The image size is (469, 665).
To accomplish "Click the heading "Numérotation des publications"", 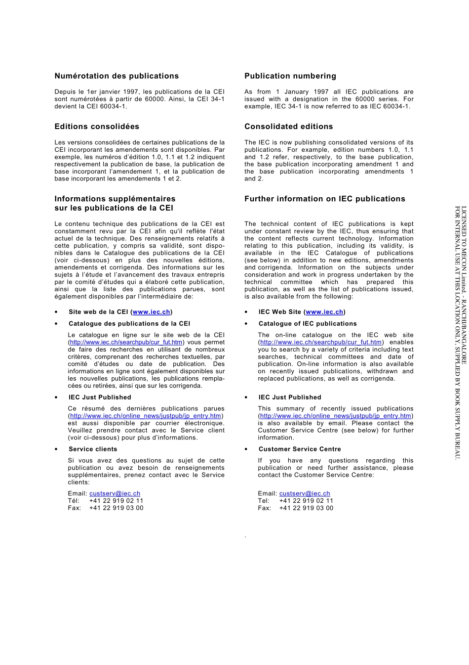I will (x=117, y=76).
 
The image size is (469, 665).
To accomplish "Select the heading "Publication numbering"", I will (x=290, y=76).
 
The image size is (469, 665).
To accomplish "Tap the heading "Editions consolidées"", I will (x=97, y=127).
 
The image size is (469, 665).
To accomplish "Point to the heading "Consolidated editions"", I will (x=289, y=127).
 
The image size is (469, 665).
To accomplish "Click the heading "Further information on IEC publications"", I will (x=325, y=199).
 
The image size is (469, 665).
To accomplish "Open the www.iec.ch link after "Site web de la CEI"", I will (x=152, y=312).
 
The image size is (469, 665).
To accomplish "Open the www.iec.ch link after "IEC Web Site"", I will (x=324, y=312).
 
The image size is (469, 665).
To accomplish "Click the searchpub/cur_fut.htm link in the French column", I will (x=126, y=342).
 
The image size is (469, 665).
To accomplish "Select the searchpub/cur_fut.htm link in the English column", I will (x=321, y=342).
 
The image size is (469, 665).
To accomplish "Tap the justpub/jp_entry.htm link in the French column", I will (x=146, y=416).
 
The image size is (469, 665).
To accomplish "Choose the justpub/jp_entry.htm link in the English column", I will (x=336, y=416).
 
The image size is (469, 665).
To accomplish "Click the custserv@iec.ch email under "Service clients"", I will (x=115, y=493).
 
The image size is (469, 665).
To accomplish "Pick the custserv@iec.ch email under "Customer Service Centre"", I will (x=305, y=493).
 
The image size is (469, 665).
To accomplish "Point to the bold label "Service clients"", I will (x=93, y=449).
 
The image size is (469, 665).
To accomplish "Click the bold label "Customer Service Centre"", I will (x=300, y=449).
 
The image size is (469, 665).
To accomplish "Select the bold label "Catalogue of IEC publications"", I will (x=308, y=324).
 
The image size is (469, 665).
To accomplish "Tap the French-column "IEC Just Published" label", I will (x=100, y=397).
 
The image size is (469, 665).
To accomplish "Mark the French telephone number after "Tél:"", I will (x=116, y=501).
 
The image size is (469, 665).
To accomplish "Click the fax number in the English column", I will (x=306, y=508).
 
